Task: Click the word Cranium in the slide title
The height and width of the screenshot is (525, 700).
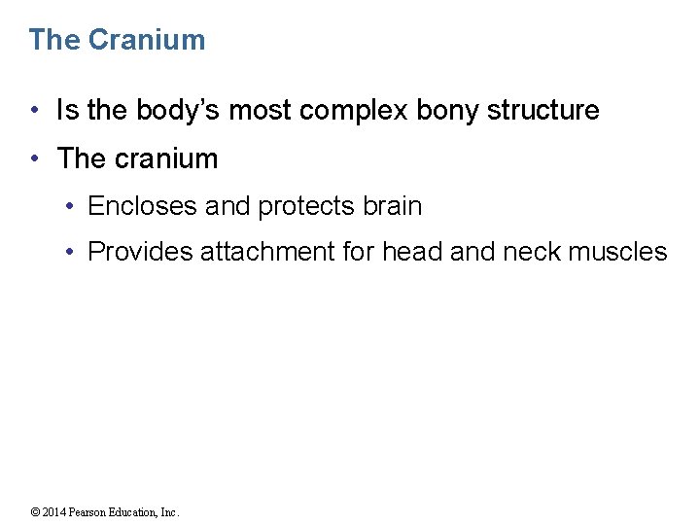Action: click(146, 40)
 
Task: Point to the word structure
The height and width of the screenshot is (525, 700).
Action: click(542, 111)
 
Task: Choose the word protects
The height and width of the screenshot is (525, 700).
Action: click(310, 206)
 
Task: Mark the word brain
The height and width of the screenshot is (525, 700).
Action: click(392, 206)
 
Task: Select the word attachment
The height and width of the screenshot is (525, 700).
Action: click(268, 252)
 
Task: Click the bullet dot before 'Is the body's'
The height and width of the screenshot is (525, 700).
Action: click(35, 111)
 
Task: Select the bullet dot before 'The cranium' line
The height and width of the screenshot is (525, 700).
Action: click(35, 158)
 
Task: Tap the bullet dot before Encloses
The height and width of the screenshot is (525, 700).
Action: click(72, 206)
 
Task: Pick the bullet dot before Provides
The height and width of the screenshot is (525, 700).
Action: click(72, 252)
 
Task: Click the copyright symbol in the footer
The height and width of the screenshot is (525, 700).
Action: click(34, 512)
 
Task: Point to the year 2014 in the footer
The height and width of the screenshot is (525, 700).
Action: click(53, 512)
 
